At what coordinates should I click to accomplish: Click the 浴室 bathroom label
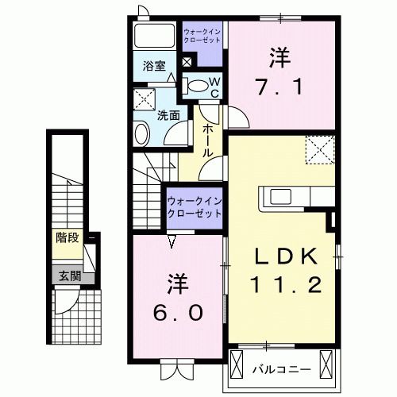pos(154,67)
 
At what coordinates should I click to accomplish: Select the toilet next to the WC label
pos(196,86)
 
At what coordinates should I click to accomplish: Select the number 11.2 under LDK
pos(287,284)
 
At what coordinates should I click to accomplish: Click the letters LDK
pos(287,256)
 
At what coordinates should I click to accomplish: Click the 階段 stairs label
pos(67,236)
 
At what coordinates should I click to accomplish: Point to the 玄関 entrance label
pos(67,276)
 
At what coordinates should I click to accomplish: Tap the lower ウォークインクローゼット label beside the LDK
pos(195,207)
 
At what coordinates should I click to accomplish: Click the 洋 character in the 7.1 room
pos(279,56)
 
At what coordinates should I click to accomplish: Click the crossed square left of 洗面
pos(145,98)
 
